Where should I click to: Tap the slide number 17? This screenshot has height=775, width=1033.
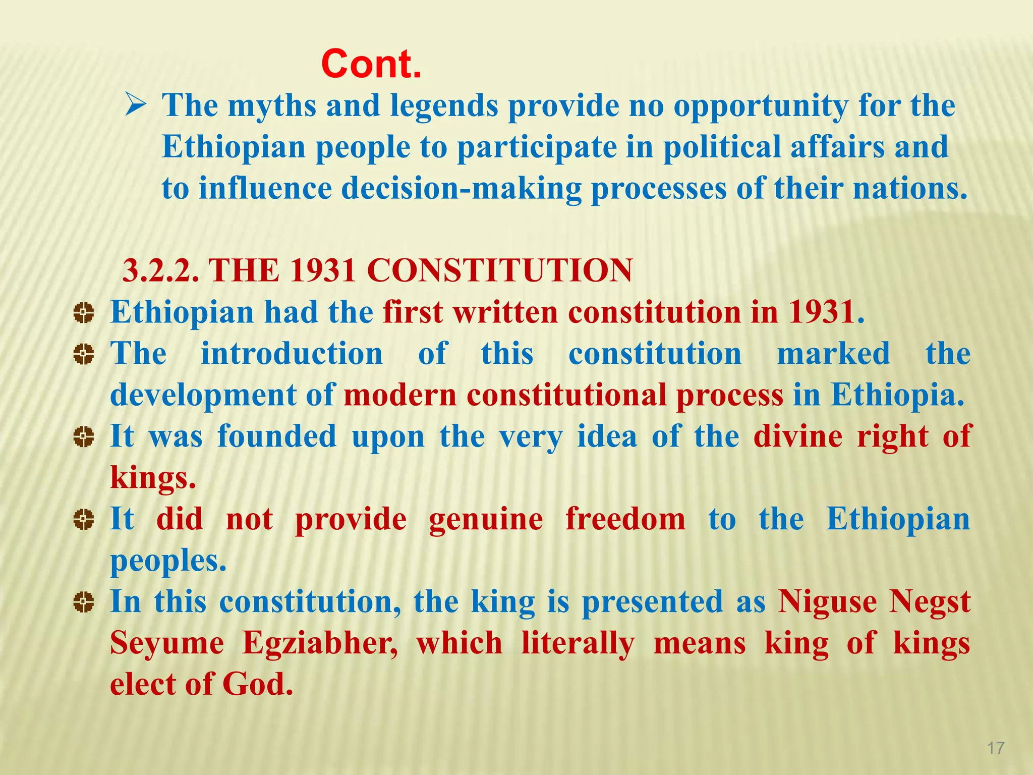996,748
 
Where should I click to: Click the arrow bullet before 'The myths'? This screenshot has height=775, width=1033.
136,106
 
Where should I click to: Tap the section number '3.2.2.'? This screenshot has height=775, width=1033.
161,271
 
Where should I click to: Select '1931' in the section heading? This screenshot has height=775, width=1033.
323,271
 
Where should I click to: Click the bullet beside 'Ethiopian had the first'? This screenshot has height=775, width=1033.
83,313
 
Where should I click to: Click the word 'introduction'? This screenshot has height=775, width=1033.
292,354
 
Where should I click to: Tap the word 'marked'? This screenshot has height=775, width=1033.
833,354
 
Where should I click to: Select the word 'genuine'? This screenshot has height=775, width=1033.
486,520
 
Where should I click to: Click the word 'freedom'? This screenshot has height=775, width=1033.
625,519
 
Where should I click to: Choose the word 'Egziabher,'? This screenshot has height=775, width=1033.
320,644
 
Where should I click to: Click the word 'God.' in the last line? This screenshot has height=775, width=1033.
258,685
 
